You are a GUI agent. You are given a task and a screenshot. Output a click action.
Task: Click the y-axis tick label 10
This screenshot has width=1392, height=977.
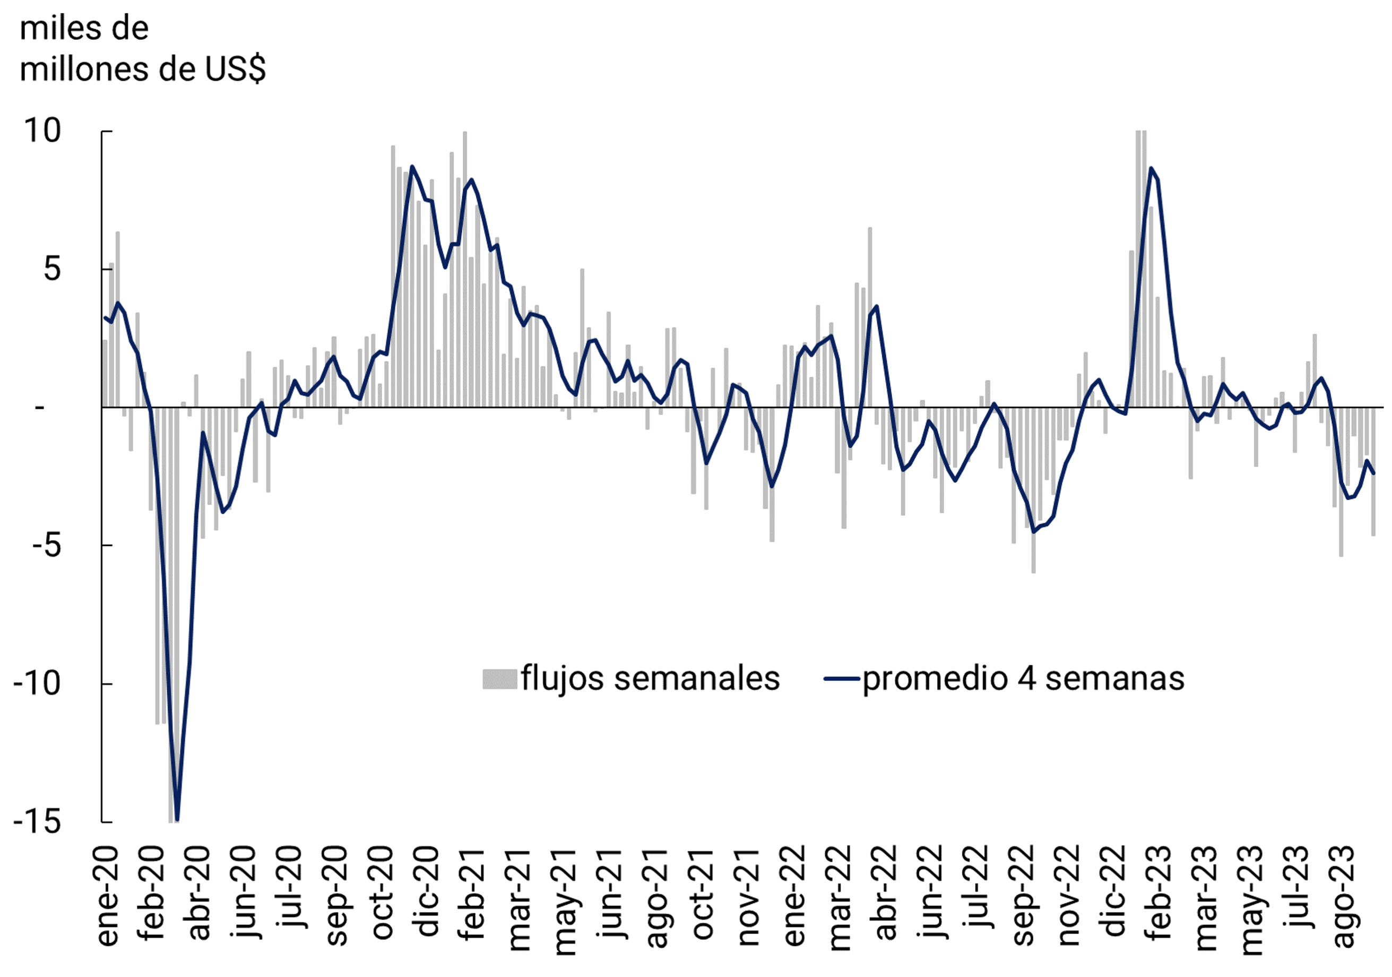pyautogui.click(x=42, y=131)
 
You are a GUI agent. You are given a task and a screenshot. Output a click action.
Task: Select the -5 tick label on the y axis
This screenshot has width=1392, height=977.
pyautogui.click(x=46, y=545)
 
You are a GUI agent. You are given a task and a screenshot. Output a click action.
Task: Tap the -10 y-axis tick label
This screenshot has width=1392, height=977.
pyautogui.click(x=37, y=684)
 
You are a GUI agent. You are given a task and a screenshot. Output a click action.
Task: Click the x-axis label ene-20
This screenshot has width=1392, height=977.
pyautogui.click(x=108, y=896)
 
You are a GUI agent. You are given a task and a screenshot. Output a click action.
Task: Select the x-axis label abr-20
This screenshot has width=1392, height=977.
pyautogui.click(x=200, y=893)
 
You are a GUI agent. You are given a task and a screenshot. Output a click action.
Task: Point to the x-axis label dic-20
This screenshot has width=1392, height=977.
pyautogui.click(x=428, y=892)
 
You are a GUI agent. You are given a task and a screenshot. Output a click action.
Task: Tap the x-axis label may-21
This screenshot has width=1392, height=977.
pyautogui.click(x=566, y=901)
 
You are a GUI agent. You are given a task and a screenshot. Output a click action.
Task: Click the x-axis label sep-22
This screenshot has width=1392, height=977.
pyautogui.click(x=1023, y=895)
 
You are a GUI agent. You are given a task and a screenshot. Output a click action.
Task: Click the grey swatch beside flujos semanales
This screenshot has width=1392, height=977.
pyautogui.click(x=499, y=679)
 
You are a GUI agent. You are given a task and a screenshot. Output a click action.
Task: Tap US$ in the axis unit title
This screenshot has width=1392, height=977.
pyautogui.click(x=235, y=69)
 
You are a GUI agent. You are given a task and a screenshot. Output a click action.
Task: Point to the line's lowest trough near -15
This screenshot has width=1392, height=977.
pyautogui.click(x=177, y=820)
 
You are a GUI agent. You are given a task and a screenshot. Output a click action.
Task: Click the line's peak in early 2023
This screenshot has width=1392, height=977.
pyautogui.click(x=1151, y=169)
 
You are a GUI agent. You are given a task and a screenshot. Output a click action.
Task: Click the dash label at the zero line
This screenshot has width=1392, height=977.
pyautogui.click(x=40, y=407)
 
